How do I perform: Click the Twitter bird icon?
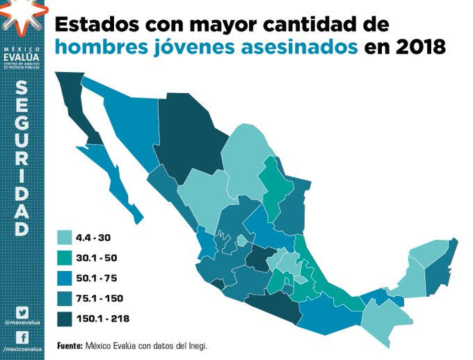coord(22,313)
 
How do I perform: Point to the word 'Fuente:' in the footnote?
coord(70,345)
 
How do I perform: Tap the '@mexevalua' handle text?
coord(22,324)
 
